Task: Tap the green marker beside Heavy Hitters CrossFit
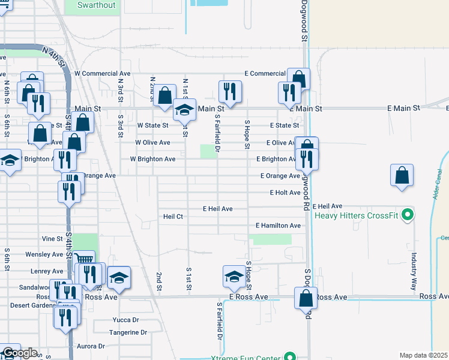[408, 214]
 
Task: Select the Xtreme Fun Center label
[246, 358]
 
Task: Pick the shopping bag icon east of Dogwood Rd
[402, 175]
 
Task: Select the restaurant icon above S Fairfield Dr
[229, 91]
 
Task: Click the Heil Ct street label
[173, 216]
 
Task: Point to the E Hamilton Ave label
[278, 226]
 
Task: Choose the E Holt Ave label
[285, 193]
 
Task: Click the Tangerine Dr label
[128, 332]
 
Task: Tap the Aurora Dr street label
[90, 346]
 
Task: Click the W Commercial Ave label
[106, 73]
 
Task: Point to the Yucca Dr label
[125, 320]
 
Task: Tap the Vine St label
[52, 238]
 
